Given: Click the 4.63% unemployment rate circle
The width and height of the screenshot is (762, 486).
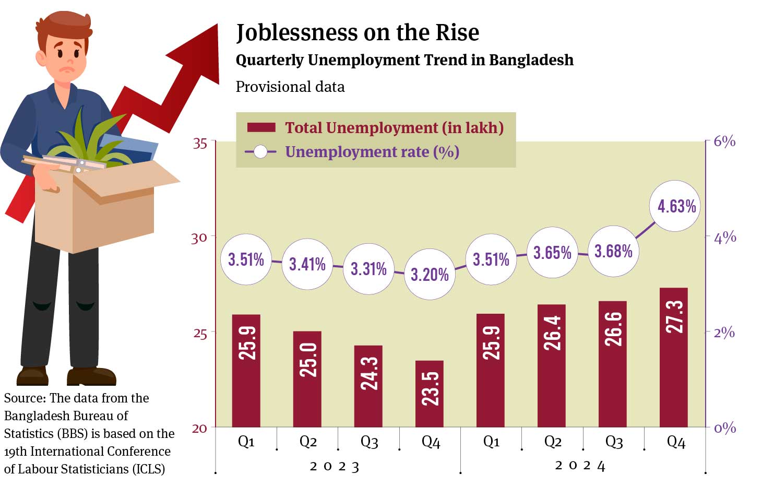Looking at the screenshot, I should pyautogui.click(x=676, y=206).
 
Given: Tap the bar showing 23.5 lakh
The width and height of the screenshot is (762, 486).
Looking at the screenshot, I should pyautogui.click(x=430, y=394).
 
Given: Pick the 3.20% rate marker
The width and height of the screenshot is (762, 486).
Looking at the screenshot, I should pyautogui.click(x=430, y=274).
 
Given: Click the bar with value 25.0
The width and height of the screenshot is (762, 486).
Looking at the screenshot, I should pyautogui.click(x=307, y=379).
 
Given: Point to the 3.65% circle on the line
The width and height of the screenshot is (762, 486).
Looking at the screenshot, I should pyautogui.click(x=552, y=253).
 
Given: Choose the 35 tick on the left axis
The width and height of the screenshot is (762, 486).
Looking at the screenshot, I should pyautogui.click(x=200, y=144).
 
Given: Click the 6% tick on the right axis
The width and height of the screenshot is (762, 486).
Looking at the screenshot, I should pyautogui.click(x=724, y=141).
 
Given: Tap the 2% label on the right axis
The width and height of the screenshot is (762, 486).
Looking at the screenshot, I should pyautogui.click(x=724, y=333).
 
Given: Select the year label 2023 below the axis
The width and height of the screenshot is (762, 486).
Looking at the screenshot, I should pyautogui.click(x=335, y=467).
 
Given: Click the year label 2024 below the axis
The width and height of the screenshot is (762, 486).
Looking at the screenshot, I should pyautogui.click(x=580, y=466).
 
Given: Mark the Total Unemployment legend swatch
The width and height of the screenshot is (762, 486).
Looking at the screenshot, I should pyautogui.click(x=261, y=128).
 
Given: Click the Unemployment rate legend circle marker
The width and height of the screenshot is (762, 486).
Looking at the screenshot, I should pyautogui.click(x=260, y=152).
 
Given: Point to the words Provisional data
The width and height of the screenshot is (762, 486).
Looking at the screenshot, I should pyautogui.click(x=290, y=87).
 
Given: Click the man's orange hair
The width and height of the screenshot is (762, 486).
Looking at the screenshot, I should pyautogui.click(x=65, y=23).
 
